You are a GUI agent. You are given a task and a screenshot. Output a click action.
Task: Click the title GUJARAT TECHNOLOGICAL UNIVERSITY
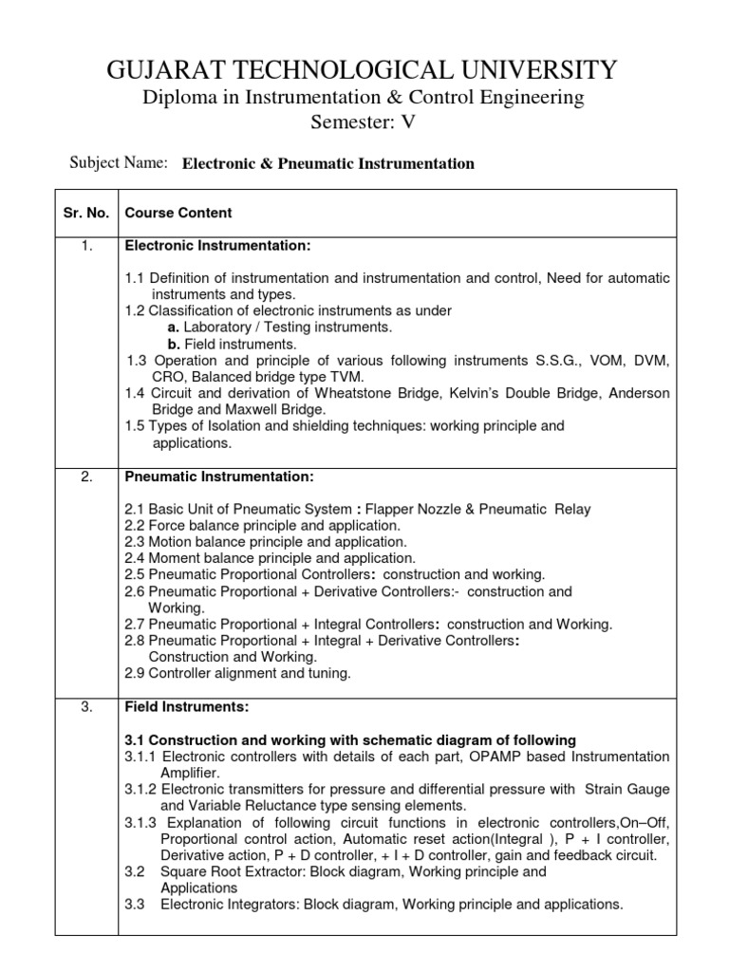[364, 69]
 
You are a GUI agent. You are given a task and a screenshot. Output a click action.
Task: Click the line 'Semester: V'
[364, 121]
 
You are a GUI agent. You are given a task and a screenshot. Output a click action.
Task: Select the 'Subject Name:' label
[119, 162]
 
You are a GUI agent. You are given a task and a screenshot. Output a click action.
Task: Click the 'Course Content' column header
[178, 213]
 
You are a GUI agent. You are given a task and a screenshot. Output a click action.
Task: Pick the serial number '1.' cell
[86, 247]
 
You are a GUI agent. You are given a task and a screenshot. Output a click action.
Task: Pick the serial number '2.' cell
[86, 477]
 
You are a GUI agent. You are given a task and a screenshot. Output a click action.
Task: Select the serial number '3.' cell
[86, 707]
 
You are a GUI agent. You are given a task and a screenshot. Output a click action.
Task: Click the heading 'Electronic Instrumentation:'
[217, 247]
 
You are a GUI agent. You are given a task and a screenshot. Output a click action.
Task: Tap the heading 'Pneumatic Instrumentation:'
[214, 477]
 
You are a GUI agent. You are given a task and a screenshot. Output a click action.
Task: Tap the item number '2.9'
[136, 674]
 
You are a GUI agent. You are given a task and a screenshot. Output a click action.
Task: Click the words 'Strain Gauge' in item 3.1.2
[627, 790]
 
